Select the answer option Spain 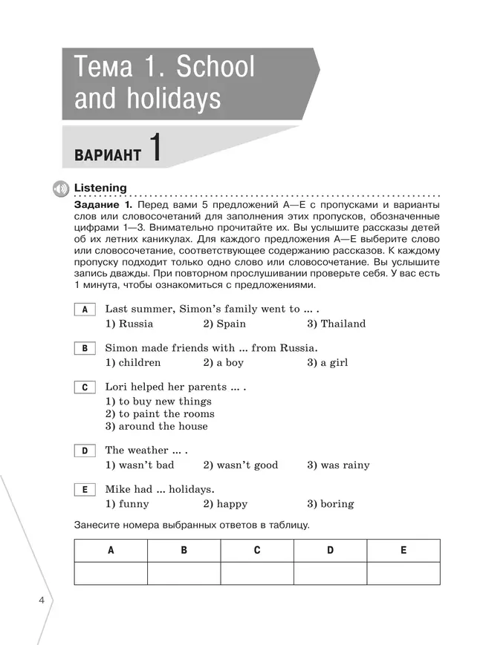[224, 324]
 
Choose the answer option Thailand [336, 324]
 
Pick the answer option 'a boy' [223, 363]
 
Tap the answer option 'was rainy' [338, 465]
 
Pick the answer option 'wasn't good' [241, 465]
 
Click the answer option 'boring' [330, 504]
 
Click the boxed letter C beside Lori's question [85, 387]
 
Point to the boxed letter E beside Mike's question [85, 490]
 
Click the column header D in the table [331, 551]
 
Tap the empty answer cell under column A [111, 574]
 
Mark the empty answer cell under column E [403, 574]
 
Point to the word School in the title [215, 68]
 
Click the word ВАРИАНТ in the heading [108, 155]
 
